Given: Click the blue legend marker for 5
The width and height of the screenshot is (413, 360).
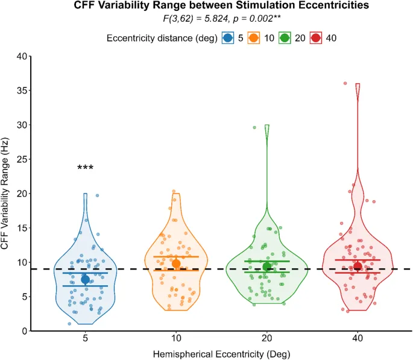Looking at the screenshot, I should [x=227, y=38].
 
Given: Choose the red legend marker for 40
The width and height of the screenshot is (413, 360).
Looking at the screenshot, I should [x=315, y=38].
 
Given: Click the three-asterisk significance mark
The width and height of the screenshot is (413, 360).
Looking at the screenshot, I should [x=86, y=168].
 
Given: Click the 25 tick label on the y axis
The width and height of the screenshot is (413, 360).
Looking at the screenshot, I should [x=22, y=159].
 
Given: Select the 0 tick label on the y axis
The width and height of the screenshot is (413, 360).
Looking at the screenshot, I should [x=25, y=331].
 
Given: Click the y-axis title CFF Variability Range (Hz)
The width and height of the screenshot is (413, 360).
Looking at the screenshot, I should [x=8, y=194].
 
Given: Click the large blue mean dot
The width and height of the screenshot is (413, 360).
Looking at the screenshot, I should [x=86, y=279].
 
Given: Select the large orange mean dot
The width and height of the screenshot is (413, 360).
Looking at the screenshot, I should [x=176, y=264].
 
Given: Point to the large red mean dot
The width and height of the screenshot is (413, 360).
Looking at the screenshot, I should [x=358, y=266].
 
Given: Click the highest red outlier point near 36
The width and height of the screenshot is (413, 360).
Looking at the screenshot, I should [x=345, y=83].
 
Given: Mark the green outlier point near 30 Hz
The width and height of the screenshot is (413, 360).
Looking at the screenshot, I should [x=254, y=127].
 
